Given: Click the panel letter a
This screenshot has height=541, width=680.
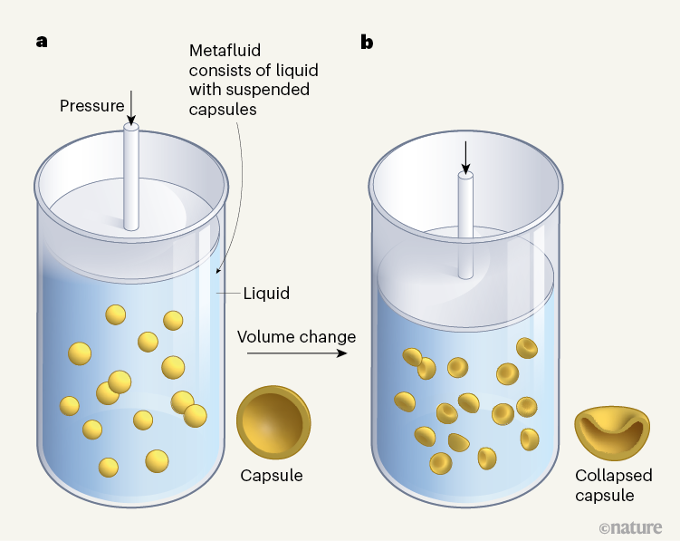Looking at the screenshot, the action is point(42,42).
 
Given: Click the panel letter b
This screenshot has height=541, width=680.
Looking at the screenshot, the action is point(367,42).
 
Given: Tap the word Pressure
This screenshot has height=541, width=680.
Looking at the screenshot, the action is point(92,106).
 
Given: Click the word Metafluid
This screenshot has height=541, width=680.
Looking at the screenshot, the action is point(225,51).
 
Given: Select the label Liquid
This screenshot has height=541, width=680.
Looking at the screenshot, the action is point(266,294).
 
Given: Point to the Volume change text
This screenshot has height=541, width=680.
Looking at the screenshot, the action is point(297,337).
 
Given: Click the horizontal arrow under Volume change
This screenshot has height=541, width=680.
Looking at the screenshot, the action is point(297,353).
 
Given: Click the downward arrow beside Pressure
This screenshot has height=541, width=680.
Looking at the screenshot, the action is point(131,108).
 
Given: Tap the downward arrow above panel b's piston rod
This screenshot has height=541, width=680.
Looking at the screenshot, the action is point(465,158).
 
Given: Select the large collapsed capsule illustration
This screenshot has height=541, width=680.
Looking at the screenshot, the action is point(612,433).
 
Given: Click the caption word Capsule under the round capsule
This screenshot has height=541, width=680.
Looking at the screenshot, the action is point(272,476).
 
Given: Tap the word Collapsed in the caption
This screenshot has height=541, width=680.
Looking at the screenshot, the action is point(614,476).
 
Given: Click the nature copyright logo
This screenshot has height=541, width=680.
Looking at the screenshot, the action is point(630,527).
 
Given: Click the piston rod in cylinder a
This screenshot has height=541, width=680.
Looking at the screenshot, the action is point(131,177).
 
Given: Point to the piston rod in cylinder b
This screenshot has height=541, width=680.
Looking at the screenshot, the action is point(465,226).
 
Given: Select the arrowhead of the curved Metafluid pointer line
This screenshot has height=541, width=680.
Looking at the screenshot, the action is point(218,269).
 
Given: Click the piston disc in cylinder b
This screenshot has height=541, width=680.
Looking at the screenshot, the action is point(465,278).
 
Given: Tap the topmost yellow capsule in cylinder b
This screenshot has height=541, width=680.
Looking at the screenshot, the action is point(527,348).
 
